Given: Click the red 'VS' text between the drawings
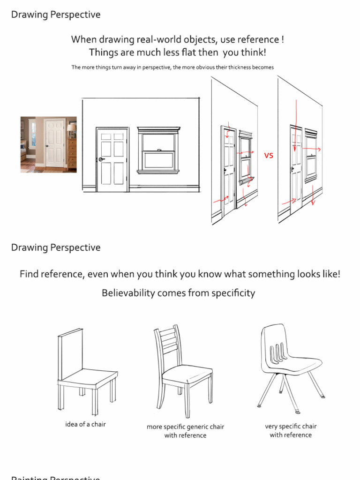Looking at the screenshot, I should coord(268,156).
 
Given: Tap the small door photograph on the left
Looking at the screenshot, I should coord(48,145).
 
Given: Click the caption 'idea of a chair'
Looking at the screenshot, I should coord(85,424).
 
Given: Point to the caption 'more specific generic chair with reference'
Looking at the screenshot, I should coord(185,431).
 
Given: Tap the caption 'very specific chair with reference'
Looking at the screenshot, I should coord(291,430).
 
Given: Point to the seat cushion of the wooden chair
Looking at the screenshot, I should coord(186,373).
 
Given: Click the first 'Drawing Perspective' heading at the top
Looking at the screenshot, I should coord(56,15).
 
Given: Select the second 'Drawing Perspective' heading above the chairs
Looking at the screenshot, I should coord(56,247).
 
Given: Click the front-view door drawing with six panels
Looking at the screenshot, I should coord(112,159).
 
